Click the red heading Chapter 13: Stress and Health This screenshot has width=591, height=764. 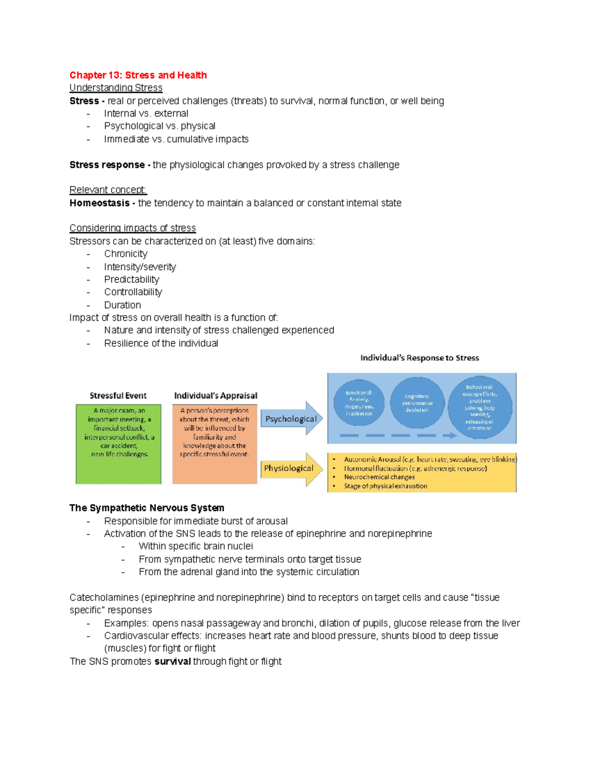[x=138, y=75]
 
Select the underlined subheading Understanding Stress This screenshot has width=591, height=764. [x=116, y=88]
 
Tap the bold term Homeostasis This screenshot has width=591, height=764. [x=99, y=203]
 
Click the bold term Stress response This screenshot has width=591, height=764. [x=107, y=165]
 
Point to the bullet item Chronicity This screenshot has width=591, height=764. [x=126, y=254]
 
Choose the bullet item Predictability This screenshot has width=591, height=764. [x=131, y=279]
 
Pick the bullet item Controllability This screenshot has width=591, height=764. [x=133, y=292]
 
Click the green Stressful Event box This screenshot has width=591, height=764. [x=118, y=444]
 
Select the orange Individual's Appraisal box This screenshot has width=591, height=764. [x=215, y=444]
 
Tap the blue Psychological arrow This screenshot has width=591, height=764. [x=291, y=419]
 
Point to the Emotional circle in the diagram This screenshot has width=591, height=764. [x=359, y=403]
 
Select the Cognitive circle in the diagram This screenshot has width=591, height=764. [x=417, y=403]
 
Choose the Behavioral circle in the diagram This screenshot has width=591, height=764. [x=479, y=407]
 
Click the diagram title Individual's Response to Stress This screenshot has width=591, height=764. [x=420, y=358]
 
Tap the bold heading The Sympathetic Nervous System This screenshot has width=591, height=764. [x=147, y=508]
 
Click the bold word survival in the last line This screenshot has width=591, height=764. [x=172, y=661]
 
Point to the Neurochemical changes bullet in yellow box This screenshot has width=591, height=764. [x=379, y=477]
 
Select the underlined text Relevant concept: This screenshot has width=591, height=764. [x=108, y=190]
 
